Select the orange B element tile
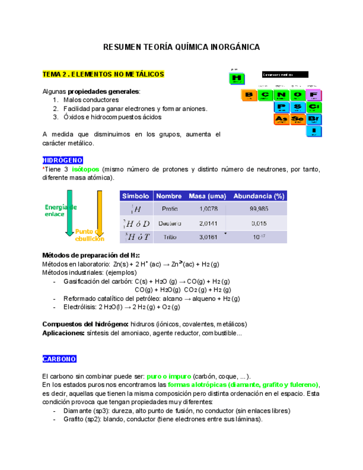click(x=249, y=94)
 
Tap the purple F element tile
click(x=314, y=94)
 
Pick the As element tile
click(x=282, y=119)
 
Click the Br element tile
click(x=314, y=119)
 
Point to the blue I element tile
click(x=314, y=132)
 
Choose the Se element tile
click(x=298, y=119)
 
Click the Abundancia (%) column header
click(x=259, y=196)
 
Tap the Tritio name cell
click(x=170, y=237)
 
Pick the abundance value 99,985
click(x=259, y=209)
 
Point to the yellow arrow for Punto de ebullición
click(x=100, y=211)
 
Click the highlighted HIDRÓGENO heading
click(x=63, y=160)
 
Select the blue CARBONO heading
click(x=59, y=359)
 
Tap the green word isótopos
click(x=85, y=169)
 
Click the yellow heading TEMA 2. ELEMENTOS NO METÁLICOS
click(x=104, y=74)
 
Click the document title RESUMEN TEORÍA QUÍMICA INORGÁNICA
click(x=181, y=48)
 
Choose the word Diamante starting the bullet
click(x=78, y=411)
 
